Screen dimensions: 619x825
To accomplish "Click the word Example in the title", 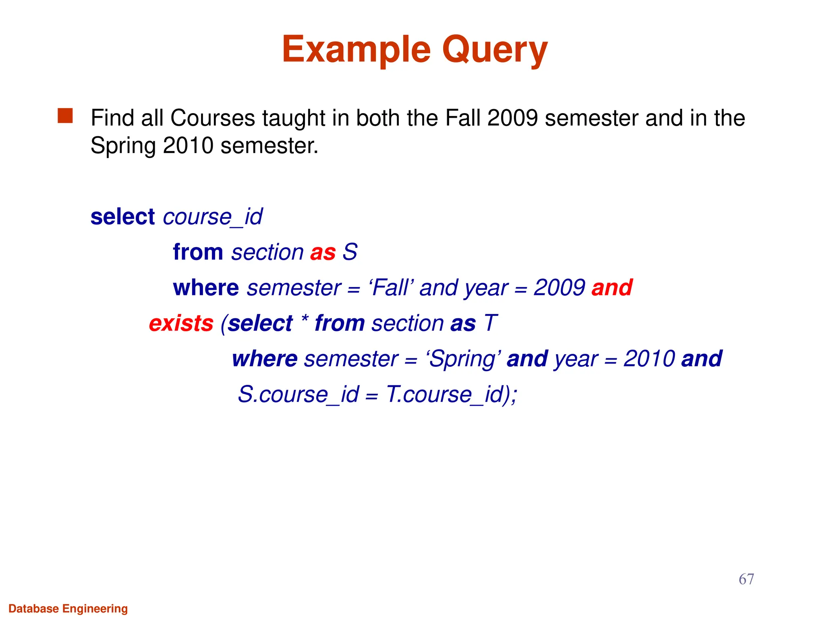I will (x=356, y=50).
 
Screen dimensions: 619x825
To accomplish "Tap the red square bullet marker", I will (x=65, y=116).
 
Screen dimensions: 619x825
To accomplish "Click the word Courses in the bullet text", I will (x=213, y=118).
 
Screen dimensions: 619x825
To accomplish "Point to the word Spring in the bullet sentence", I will (x=123, y=146).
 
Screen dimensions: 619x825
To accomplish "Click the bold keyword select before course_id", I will (x=122, y=217).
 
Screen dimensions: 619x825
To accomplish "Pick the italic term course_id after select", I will (x=213, y=217).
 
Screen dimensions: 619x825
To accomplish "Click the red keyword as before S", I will (x=323, y=253).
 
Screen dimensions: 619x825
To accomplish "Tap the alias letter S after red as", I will (x=350, y=252).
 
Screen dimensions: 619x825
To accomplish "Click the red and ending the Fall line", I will (x=611, y=288).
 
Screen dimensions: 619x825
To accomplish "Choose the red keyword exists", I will (x=181, y=324).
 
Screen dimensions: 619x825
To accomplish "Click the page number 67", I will (x=746, y=579).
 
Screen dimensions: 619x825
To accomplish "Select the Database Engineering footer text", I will (x=68, y=609).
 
